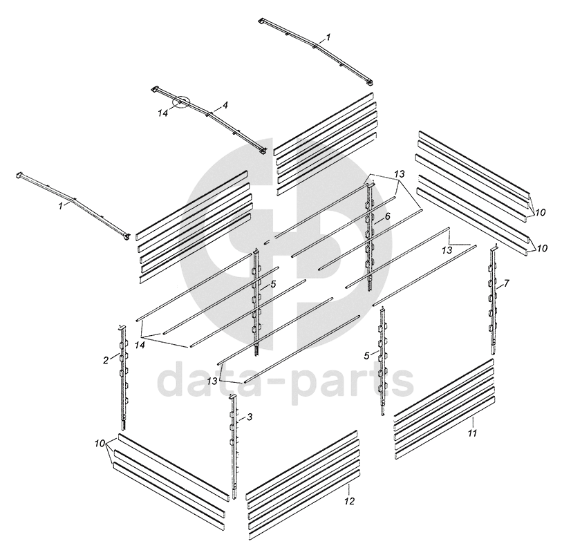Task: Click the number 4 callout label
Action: tap(225, 105)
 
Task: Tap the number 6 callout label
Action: tap(387, 216)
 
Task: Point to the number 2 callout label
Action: tap(106, 361)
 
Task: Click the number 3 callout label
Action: tap(250, 417)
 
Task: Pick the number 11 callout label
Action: tap(472, 433)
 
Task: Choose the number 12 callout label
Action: tap(349, 502)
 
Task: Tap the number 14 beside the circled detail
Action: tap(162, 113)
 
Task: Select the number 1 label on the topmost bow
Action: tap(328, 37)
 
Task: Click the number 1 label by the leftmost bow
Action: tap(60, 206)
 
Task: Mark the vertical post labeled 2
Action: tap(123, 377)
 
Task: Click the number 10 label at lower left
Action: tap(100, 444)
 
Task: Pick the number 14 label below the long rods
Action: tap(140, 345)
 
